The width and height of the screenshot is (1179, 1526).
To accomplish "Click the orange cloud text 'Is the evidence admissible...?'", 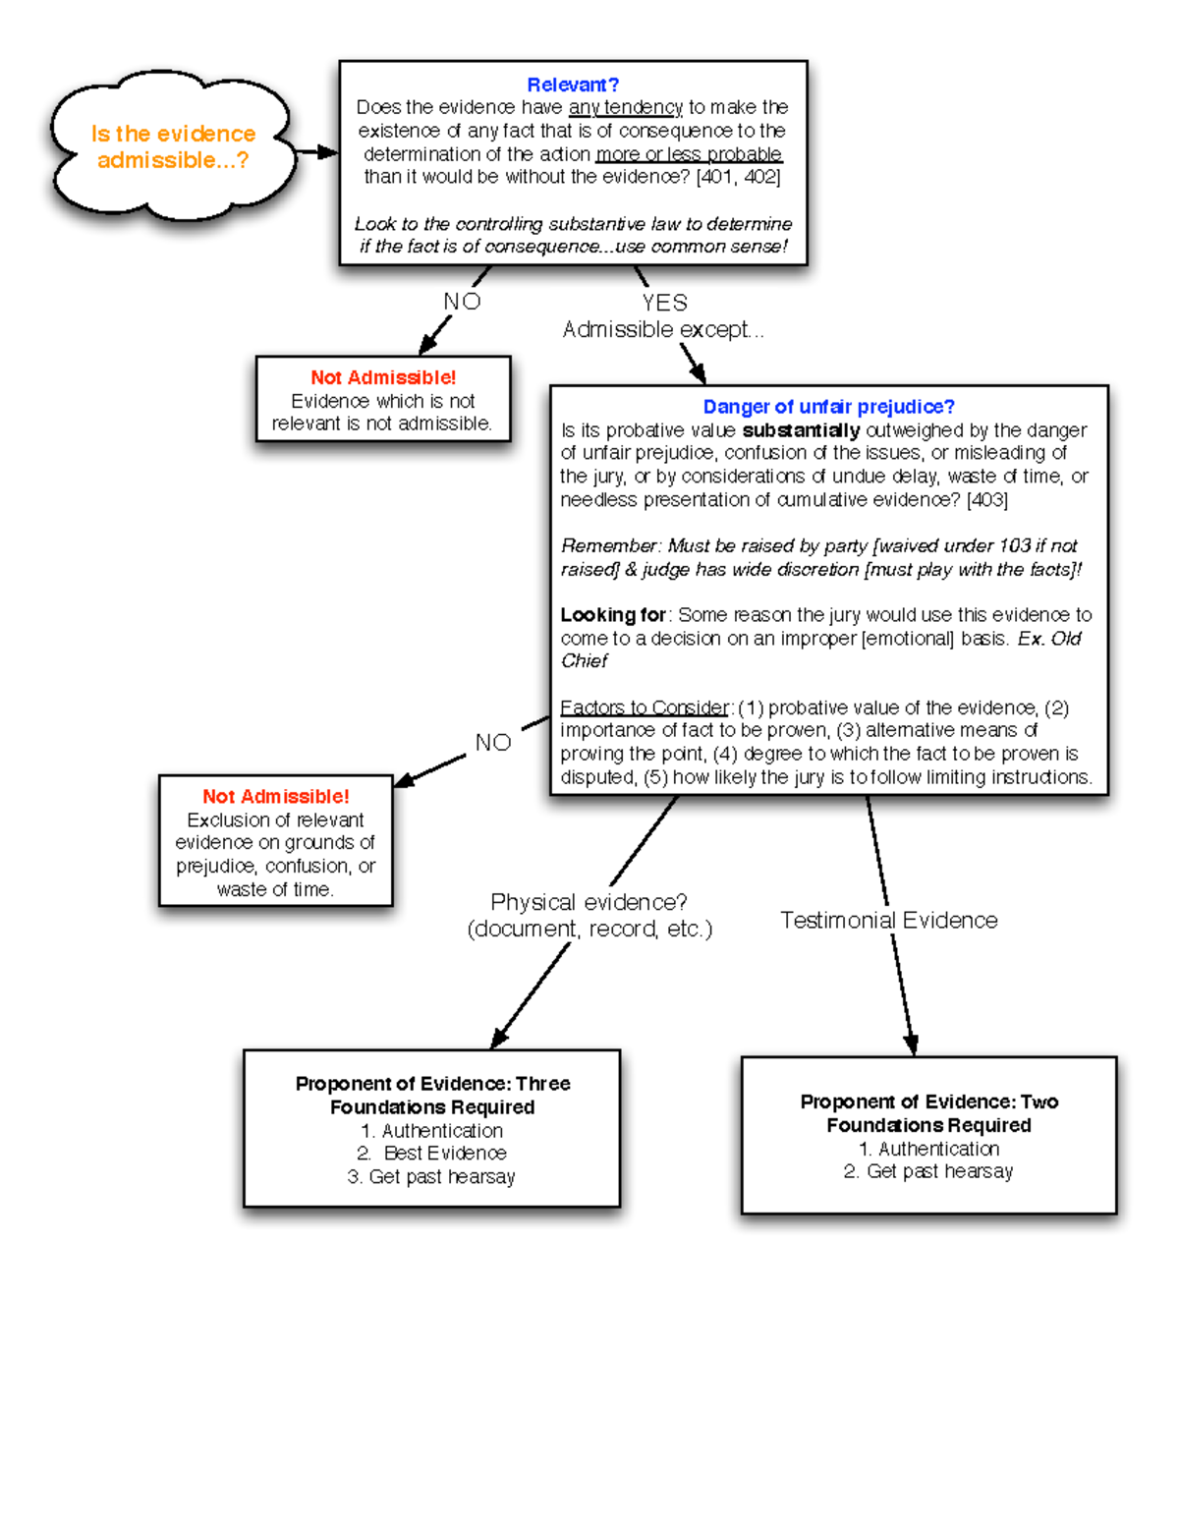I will (x=173, y=146).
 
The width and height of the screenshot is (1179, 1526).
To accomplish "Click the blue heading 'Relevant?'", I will (x=573, y=85).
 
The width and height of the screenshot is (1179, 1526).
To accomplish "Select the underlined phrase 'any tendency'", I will (x=625, y=107).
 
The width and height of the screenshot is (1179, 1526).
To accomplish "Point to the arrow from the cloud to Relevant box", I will (x=316, y=152).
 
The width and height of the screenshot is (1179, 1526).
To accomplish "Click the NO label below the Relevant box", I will (x=462, y=302).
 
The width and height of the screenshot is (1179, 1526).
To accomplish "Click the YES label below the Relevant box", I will (x=664, y=303).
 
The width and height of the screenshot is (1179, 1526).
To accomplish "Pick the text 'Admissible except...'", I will (x=662, y=330).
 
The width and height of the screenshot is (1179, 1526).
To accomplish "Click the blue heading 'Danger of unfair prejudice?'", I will (x=828, y=407).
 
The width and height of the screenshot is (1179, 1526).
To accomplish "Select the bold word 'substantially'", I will (x=801, y=430).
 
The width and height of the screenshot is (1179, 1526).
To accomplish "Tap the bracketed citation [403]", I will (x=986, y=500).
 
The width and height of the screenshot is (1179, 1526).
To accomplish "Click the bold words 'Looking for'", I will (x=613, y=615).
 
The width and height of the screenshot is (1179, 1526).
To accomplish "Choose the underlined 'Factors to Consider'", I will (x=645, y=707).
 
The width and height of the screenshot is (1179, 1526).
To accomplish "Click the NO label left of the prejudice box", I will (x=493, y=743).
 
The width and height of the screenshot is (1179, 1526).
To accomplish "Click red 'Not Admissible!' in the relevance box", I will (x=383, y=377).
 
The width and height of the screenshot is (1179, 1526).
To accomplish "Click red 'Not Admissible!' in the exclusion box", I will (x=276, y=797).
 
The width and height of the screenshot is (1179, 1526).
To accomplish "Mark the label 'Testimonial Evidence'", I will (x=888, y=921).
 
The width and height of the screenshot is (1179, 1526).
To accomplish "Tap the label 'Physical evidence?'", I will (x=589, y=902).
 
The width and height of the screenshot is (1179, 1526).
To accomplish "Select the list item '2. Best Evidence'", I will (x=432, y=1154).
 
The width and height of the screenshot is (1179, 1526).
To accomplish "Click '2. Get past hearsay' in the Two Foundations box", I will (x=928, y=1171).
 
